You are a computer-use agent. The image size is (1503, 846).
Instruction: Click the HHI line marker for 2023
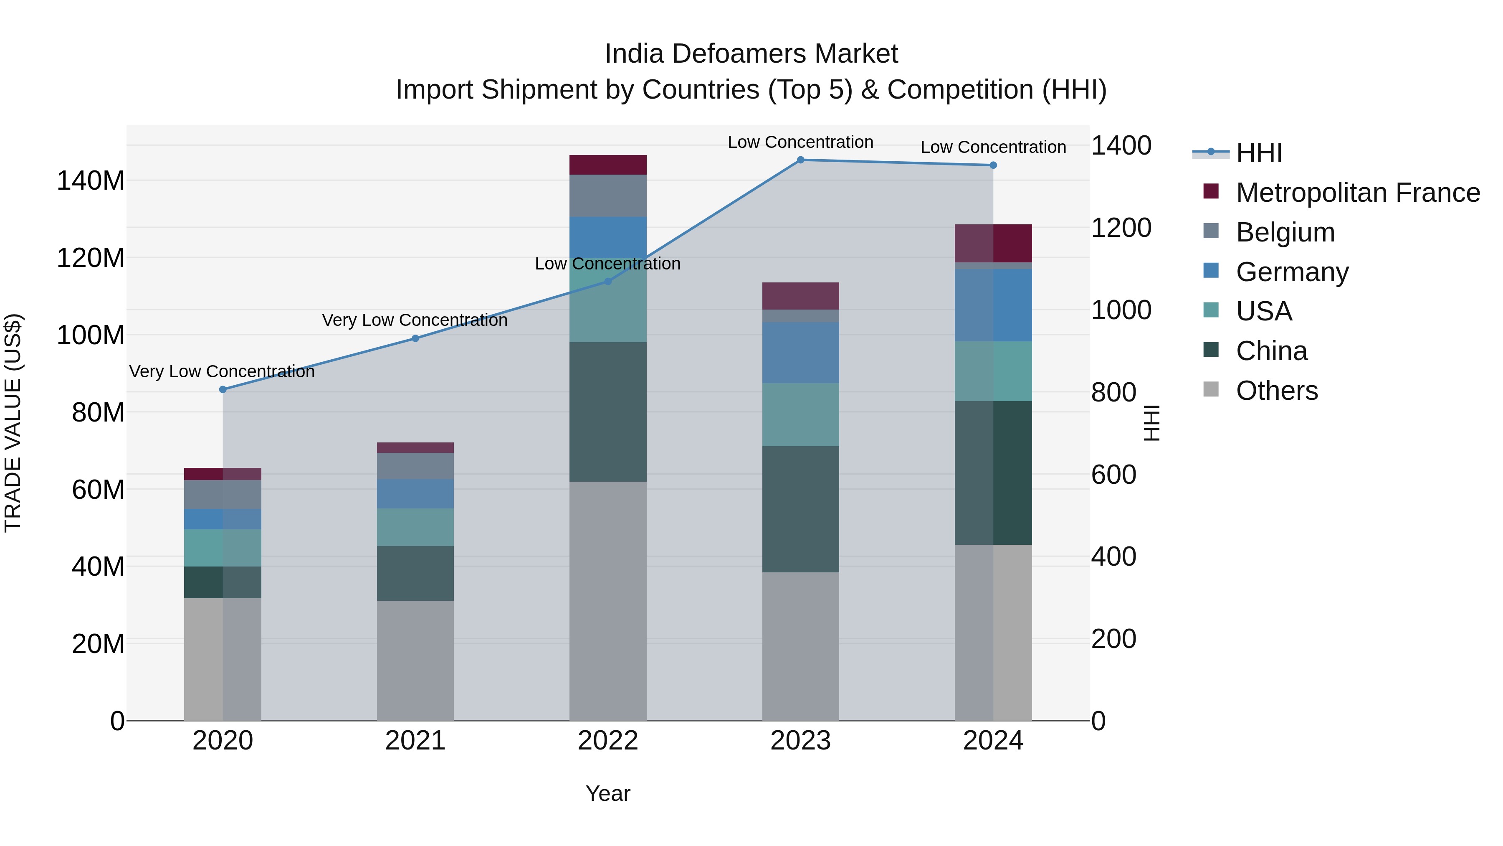[800, 160]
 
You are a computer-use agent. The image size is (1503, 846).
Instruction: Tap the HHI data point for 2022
[608, 282]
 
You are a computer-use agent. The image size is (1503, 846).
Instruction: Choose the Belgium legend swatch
[1211, 231]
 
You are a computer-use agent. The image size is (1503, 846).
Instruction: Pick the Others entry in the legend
[1277, 391]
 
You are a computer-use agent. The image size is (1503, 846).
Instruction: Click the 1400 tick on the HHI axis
[1121, 146]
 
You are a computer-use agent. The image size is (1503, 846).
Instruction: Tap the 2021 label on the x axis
[415, 741]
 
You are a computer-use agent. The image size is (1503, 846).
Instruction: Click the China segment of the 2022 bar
[608, 412]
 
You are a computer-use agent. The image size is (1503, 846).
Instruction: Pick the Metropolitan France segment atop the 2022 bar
[608, 165]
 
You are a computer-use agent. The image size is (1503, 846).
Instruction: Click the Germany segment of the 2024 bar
[993, 305]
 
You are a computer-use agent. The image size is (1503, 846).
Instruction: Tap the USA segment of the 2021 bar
[415, 527]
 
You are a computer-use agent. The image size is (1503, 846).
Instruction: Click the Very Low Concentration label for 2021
[415, 320]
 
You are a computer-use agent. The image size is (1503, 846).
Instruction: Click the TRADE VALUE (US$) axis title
[13, 423]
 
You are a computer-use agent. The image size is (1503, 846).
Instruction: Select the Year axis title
[608, 793]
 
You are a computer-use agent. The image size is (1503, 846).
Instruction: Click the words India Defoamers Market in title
[751, 54]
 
